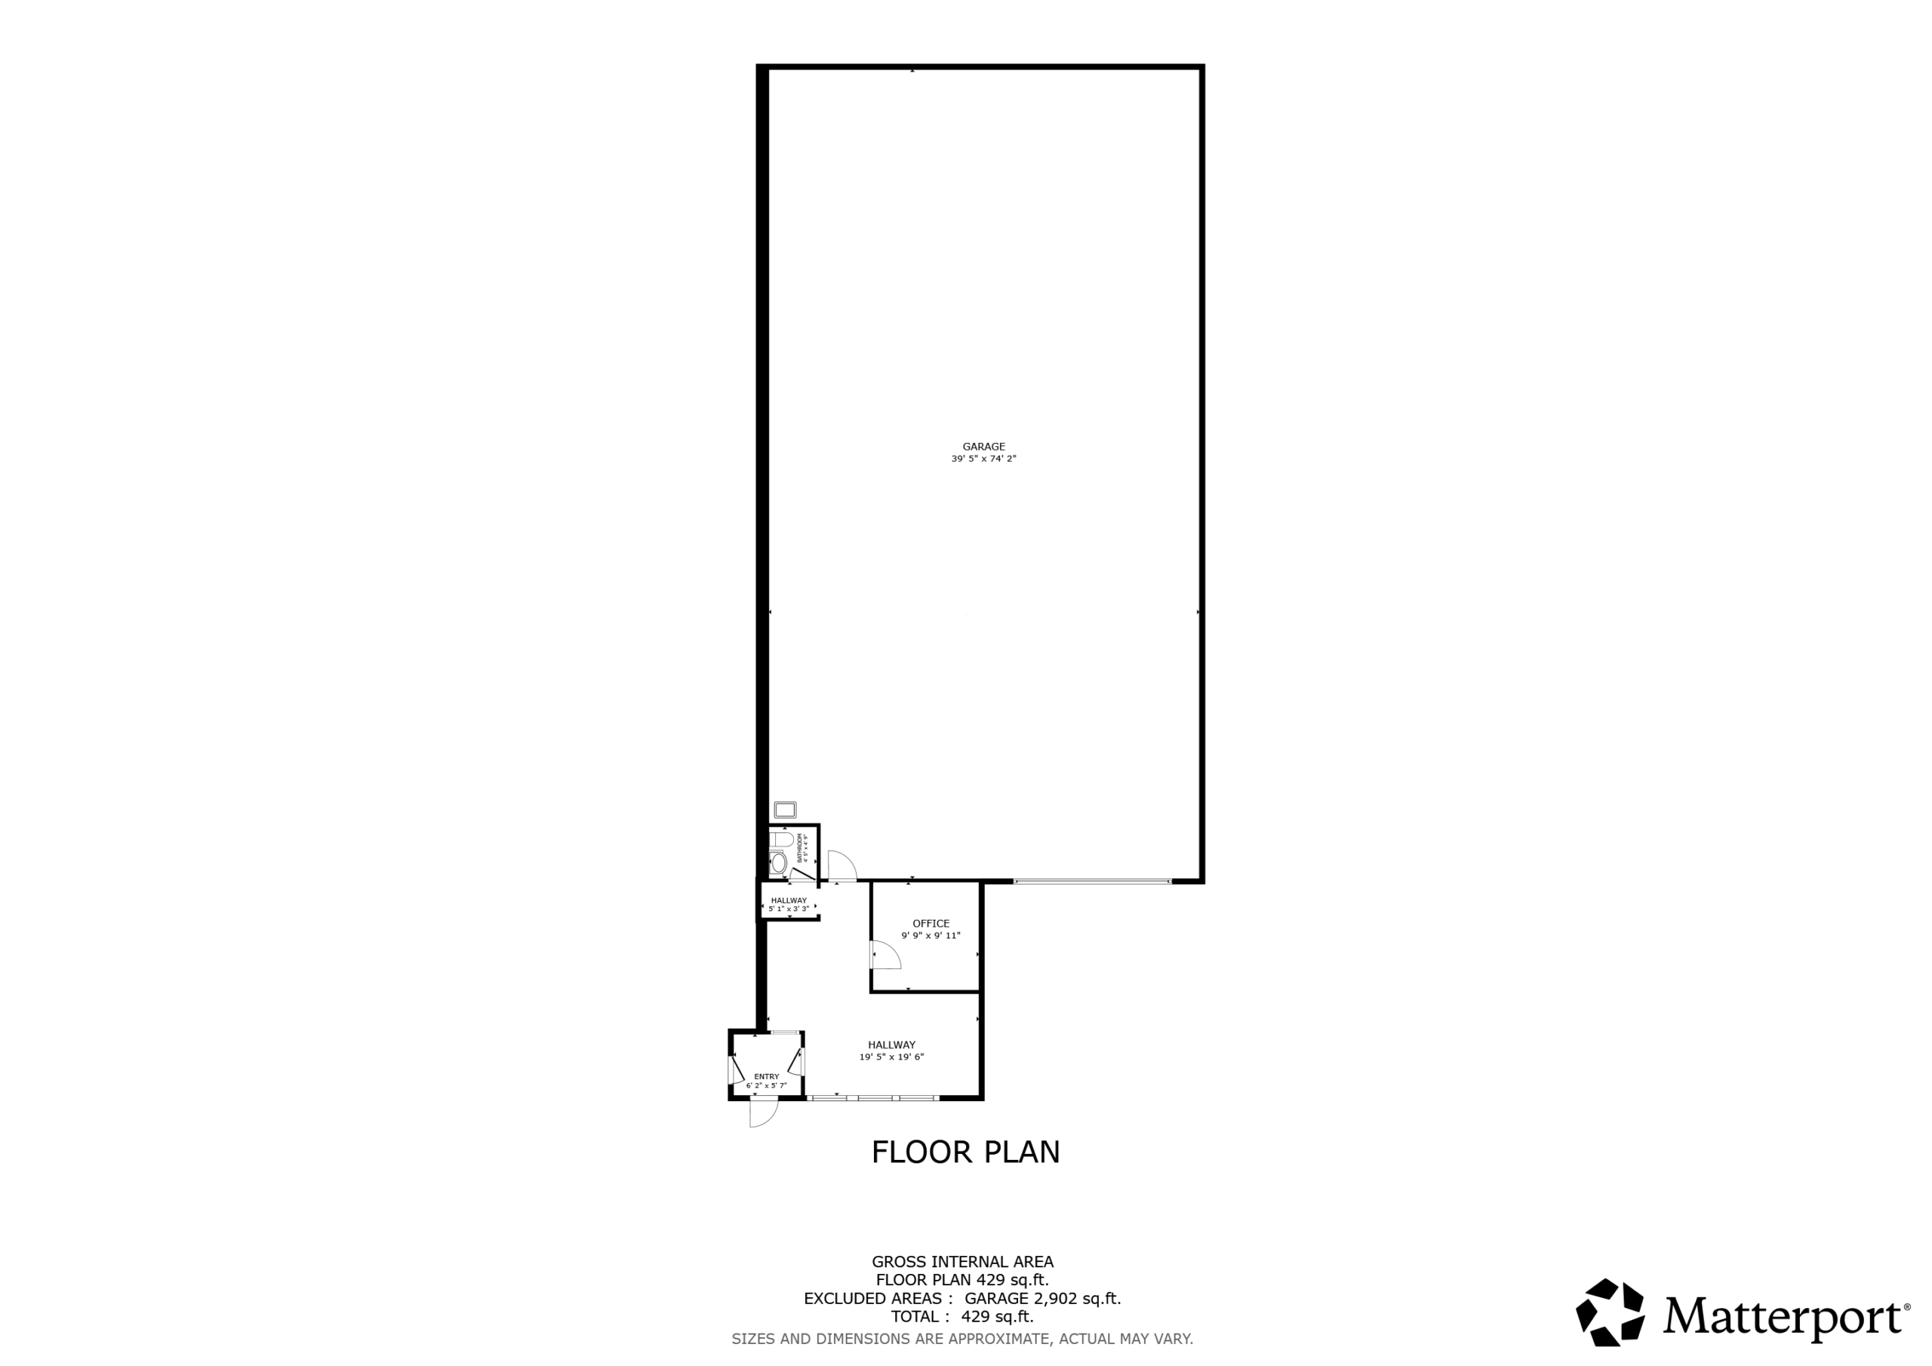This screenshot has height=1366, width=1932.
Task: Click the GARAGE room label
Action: click(983, 447)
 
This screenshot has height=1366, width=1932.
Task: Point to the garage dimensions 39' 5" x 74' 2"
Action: click(983, 459)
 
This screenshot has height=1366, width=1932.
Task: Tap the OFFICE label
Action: click(931, 923)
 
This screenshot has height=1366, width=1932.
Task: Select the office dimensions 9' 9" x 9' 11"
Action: click(931, 935)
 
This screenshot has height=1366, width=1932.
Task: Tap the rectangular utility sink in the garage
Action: click(785, 810)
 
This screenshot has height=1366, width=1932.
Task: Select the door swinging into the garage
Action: click(841, 865)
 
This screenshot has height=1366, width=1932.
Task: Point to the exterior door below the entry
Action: click(764, 1112)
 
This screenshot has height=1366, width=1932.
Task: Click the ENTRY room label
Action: click(767, 1076)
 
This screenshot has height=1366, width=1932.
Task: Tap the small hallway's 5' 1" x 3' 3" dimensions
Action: click(789, 909)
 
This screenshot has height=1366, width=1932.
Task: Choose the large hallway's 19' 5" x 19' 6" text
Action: click(892, 1057)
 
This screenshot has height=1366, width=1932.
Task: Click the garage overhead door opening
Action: click(1092, 881)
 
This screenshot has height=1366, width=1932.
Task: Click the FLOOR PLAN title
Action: click(966, 1152)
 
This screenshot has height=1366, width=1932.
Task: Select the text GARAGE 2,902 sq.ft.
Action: click(1042, 1299)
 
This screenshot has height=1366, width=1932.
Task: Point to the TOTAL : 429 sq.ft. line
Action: click(963, 1317)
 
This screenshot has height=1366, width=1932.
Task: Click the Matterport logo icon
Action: click(1611, 1313)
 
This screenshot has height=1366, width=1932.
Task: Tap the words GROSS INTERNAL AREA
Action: click(963, 1262)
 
